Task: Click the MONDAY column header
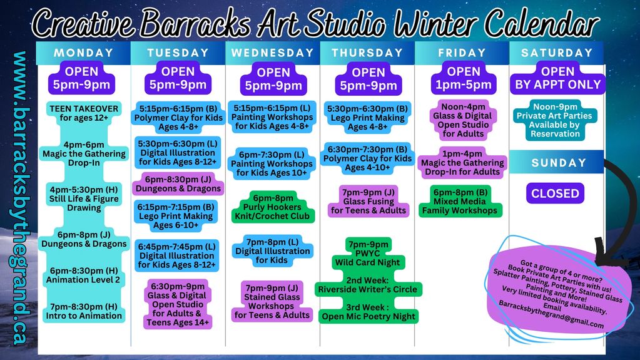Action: point(83,53)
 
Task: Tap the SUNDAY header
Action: point(559,163)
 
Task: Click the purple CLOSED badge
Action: point(555,193)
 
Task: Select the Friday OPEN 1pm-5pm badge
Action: point(464,78)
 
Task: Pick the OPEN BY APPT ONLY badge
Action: point(557,78)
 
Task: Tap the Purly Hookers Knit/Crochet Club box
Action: point(273,207)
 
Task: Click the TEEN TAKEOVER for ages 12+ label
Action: point(84,113)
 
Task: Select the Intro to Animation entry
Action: point(84,311)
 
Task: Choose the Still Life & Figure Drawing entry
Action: point(84,198)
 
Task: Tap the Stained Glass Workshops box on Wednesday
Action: point(272,301)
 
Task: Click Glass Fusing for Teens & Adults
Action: point(368,201)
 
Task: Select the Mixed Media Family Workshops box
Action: point(460,201)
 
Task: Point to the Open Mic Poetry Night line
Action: point(368,312)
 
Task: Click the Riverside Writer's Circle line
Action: point(368,285)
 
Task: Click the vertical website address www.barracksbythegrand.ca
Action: point(19,198)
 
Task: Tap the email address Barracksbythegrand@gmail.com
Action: point(551,315)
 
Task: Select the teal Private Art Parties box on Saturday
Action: point(555,120)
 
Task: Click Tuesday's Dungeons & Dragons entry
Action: point(178,184)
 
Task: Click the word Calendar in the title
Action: point(542,23)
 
